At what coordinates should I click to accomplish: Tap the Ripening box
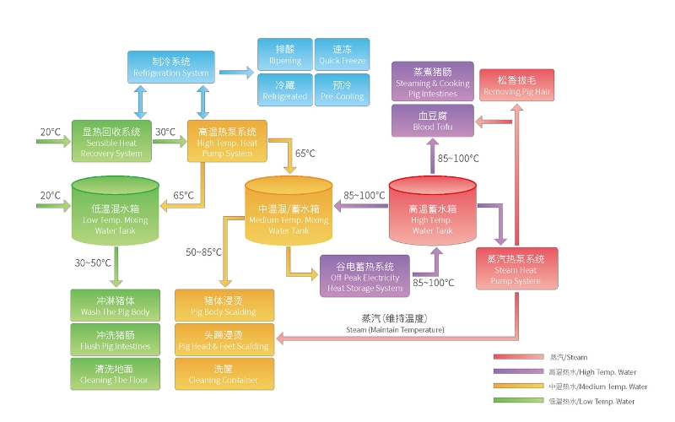coord(284,54)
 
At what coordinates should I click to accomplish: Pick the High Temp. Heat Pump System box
coord(227,142)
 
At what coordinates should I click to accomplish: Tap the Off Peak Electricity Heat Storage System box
coord(365,273)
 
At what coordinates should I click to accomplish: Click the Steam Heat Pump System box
coord(516,268)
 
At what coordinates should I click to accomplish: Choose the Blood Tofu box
coord(433,122)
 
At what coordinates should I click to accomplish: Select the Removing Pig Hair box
coord(516,85)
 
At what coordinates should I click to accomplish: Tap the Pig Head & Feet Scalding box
coord(224,339)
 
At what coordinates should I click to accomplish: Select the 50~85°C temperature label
coord(203,252)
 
